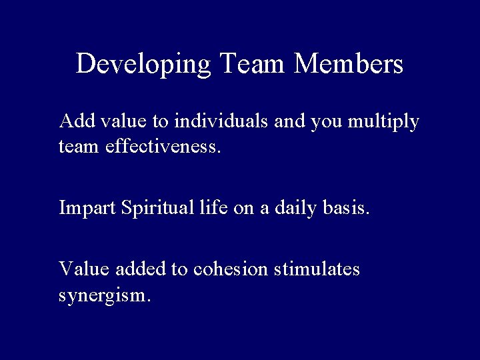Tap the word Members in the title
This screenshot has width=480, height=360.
point(349,64)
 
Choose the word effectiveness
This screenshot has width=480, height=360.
point(162,146)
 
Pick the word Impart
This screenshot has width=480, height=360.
point(87,209)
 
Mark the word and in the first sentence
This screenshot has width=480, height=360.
point(287,121)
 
